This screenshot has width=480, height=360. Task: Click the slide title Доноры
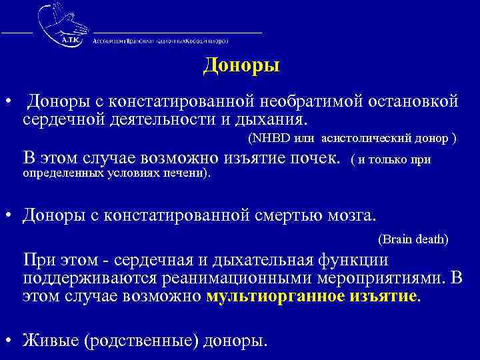tap(241, 67)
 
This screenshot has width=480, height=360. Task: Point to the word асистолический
tap(361, 139)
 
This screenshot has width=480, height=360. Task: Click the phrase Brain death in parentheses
tap(413, 238)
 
